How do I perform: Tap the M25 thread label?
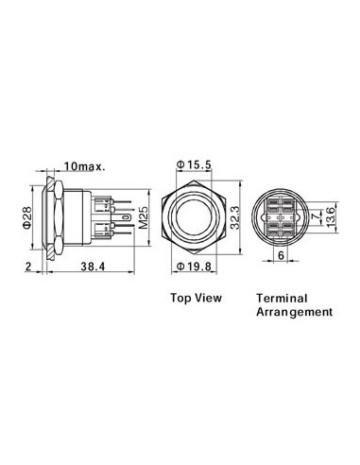[142, 217]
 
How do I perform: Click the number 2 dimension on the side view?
[30, 268]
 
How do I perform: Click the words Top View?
[196, 297]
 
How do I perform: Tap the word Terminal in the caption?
[281, 297]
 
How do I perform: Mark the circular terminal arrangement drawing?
[281, 216]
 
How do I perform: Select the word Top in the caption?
[181, 297]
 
